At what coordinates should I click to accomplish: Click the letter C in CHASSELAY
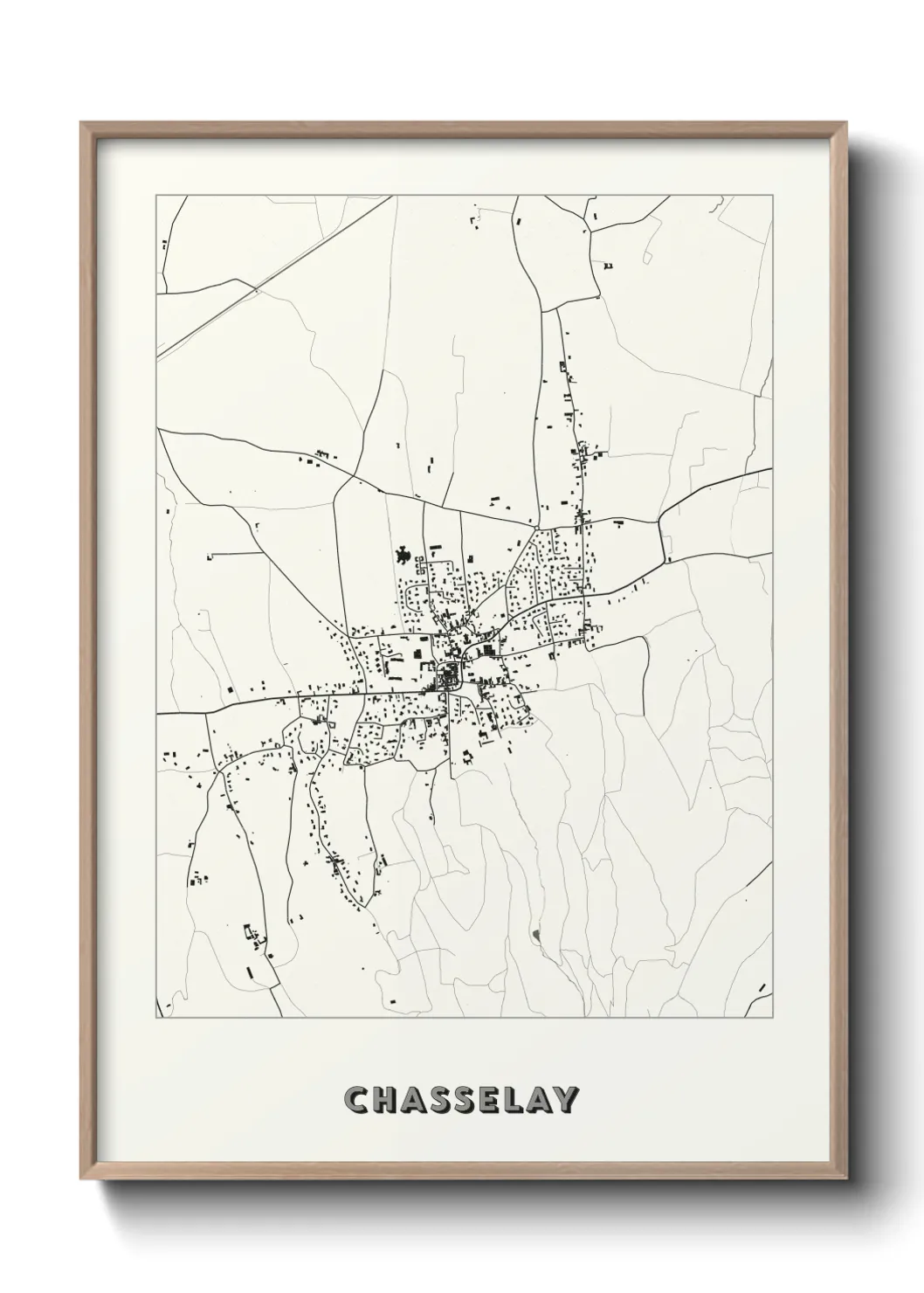tap(358, 1100)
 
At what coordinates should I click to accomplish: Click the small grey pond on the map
tap(535, 937)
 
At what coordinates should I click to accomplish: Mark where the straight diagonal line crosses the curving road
tap(255, 287)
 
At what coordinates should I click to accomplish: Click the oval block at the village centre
tap(449, 674)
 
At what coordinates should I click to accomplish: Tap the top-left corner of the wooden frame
tap(81, 123)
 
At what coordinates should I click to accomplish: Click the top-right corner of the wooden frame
tap(845, 123)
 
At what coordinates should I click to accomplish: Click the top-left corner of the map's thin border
tap(156, 196)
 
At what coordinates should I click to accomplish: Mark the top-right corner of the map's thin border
tap(773, 196)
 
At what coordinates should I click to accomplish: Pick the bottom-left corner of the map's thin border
tap(156, 1018)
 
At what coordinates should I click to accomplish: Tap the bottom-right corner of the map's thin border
tap(773, 1018)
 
